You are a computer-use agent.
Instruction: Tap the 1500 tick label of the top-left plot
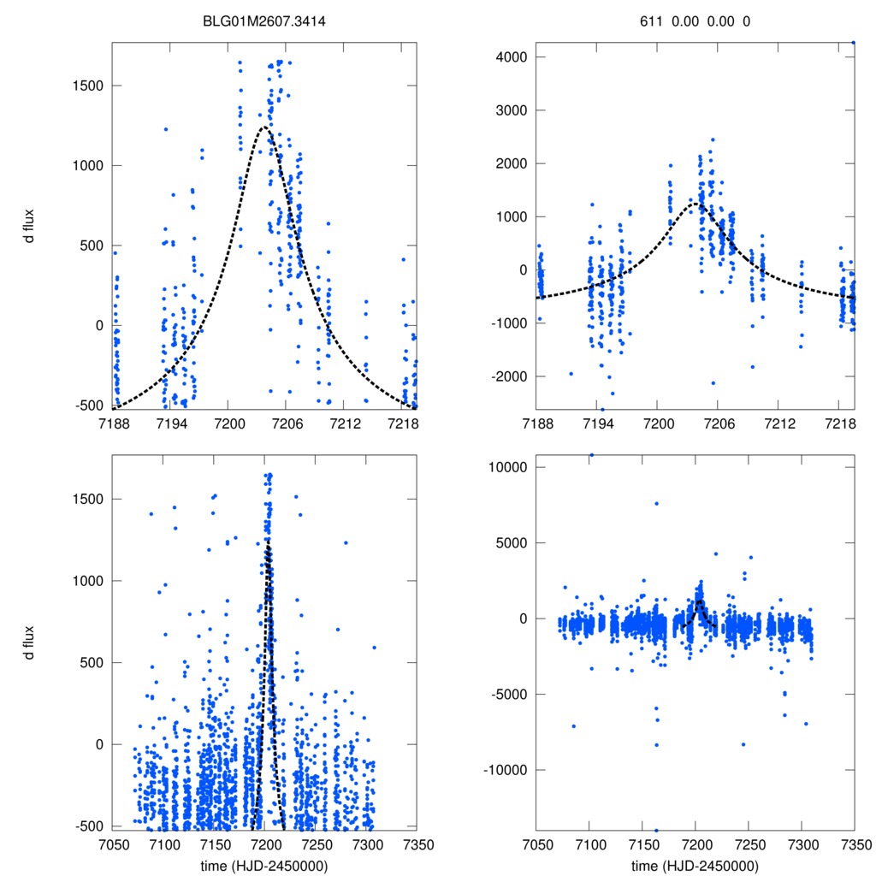point(86,86)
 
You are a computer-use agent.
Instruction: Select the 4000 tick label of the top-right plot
point(511,57)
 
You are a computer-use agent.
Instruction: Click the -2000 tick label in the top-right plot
point(508,376)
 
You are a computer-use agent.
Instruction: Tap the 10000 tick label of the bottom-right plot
point(507,467)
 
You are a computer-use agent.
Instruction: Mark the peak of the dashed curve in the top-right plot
point(695,204)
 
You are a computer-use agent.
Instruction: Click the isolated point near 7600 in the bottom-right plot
point(657,503)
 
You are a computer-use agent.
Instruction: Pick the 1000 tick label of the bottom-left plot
point(86,581)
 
